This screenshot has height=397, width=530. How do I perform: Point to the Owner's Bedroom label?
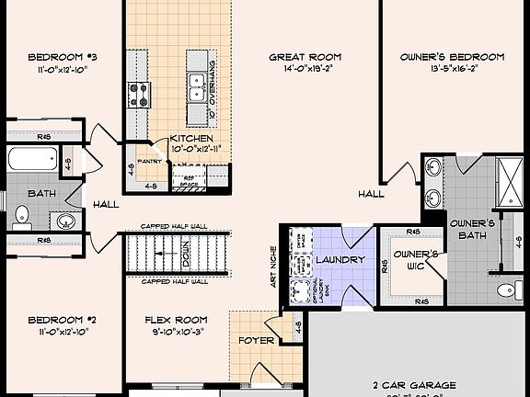(x=452, y=56)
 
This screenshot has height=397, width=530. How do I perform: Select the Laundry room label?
(x=340, y=260)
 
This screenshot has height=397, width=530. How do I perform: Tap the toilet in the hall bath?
(x=22, y=217)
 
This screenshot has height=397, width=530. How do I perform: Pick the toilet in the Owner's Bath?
(x=506, y=290)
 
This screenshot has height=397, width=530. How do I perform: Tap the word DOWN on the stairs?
(x=185, y=249)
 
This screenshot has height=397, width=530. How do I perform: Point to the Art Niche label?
(x=273, y=267)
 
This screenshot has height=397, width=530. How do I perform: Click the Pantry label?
(x=149, y=160)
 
